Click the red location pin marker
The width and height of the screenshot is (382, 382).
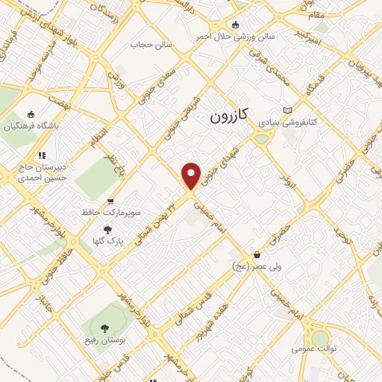pos(192,175)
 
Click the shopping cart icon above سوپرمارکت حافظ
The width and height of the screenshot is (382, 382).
pos(110,201)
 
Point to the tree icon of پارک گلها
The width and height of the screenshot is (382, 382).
pos(108,230)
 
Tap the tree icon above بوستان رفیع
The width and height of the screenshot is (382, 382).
pos(104,328)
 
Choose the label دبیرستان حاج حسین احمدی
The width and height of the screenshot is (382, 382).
pos(43,173)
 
